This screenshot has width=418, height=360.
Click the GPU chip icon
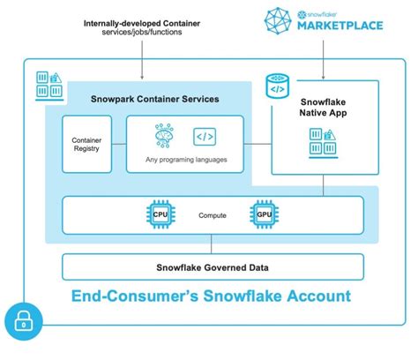[x=263, y=214]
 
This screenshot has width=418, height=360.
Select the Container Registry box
[x=86, y=144]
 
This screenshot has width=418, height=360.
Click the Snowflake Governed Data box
[x=213, y=266]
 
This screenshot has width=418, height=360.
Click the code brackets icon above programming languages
[x=205, y=137]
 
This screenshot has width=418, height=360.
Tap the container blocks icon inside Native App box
[x=321, y=141]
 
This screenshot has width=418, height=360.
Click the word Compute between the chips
[x=213, y=215]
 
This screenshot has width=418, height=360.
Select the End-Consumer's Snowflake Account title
[x=213, y=296]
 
